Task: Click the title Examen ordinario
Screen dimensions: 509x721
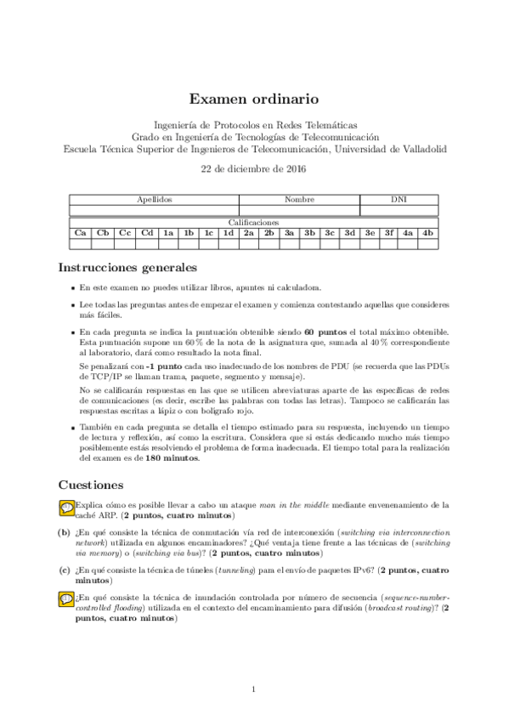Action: tap(254, 99)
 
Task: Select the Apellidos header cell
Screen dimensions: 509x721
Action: tap(155, 199)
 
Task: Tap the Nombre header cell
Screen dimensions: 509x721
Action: tap(299, 199)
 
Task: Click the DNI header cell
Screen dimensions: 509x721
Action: tap(399, 199)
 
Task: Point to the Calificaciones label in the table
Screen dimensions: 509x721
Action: tap(254, 221)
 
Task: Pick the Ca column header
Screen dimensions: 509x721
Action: tap(81, 231)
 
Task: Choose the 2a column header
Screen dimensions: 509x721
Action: tap(249, 231)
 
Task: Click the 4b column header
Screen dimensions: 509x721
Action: tap(428, 231)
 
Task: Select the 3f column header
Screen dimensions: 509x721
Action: tap(388, 231)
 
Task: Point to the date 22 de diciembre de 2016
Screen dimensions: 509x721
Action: tap(254, 168)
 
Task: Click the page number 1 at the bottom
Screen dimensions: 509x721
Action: tap(254, 689)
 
